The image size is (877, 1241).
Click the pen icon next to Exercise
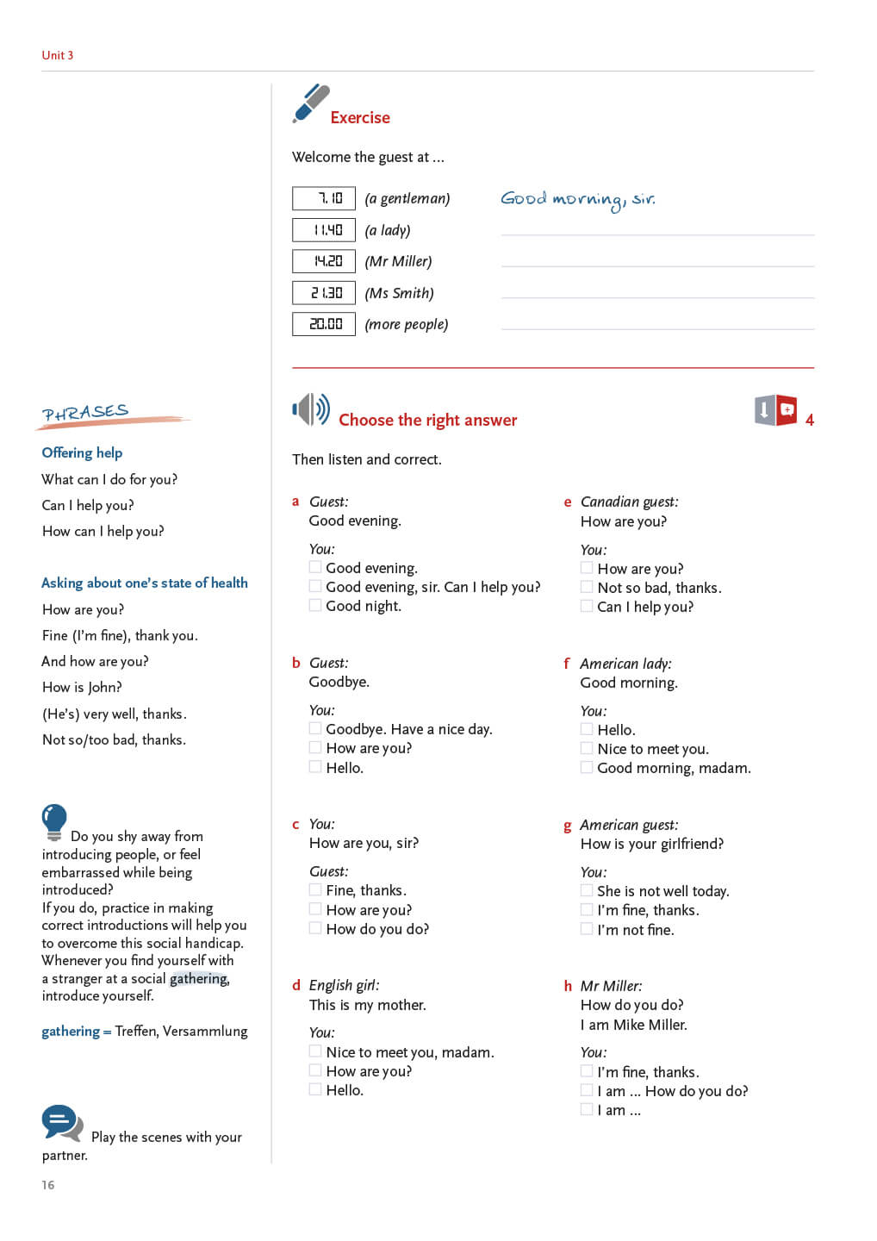310,103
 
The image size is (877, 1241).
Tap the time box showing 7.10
324,199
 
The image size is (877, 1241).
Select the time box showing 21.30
324,293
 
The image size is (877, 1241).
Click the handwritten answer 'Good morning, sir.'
577,200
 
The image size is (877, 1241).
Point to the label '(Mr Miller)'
398,262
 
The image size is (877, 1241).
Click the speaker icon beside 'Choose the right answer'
310,409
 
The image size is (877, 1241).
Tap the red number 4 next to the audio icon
810,420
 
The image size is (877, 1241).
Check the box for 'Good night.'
315,605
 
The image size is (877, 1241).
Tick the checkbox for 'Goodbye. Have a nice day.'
315,728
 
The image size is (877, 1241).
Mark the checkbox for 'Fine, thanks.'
315,889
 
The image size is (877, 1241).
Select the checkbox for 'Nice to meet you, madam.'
315,1051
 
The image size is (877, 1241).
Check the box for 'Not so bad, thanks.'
587,587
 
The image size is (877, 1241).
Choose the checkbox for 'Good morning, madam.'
587,767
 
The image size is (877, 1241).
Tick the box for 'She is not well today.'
587,890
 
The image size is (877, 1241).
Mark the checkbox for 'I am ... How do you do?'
587,1090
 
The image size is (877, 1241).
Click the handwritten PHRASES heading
86,413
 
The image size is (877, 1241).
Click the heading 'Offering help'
82,452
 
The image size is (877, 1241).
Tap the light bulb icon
53,821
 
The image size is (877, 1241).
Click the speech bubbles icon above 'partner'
62,1123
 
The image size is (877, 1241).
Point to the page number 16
48,1185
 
